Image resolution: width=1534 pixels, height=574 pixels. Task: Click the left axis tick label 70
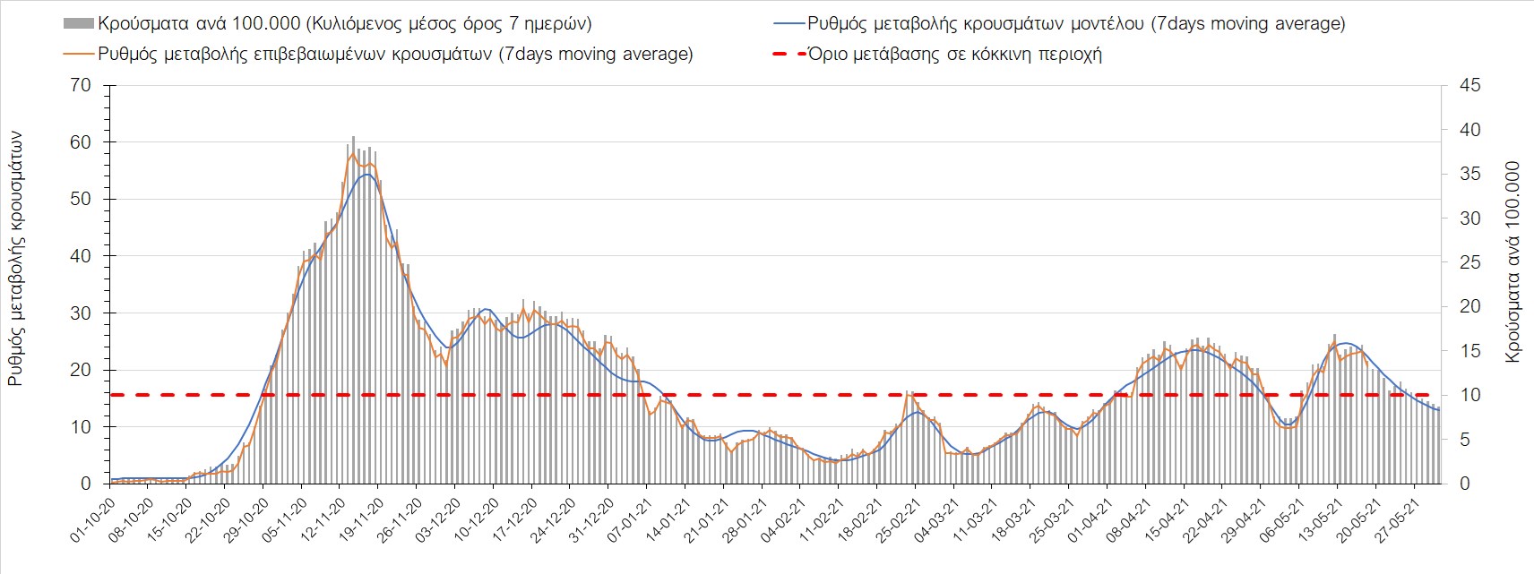pyautogui.click(x=81, y=85)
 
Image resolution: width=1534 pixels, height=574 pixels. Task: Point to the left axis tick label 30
pyautogui.click(x=81, y=313)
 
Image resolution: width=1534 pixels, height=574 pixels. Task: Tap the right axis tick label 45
pyautogui.click(x=1469, y=85)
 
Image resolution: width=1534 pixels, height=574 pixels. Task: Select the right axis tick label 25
pyautogui.click(x=1469, y=262)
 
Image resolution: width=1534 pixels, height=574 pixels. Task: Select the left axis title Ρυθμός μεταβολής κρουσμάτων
pyautogui.click(x=15, y=260)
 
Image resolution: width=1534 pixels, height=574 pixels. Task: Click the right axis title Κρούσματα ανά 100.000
pyautogui.click(x=1512, y=261)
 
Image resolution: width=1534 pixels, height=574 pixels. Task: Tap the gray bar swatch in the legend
pyautogui.click(x=79, y=24)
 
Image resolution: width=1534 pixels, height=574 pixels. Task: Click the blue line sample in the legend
pyautogui.click(x=789, y=24)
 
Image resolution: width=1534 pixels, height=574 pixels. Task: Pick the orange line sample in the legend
pyautogui.click(x=79, y=55)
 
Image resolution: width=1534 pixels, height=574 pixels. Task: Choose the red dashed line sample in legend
pyautogui.click(x=789, y=55)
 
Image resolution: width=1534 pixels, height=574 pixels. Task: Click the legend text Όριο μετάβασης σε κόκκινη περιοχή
pyautogui.click(x=955, y=55)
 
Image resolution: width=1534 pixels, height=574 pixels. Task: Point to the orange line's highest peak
pyautogui.click(x=352, y=153)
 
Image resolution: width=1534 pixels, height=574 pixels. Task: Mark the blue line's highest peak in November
pyautogui.click(x=366, y=174)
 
